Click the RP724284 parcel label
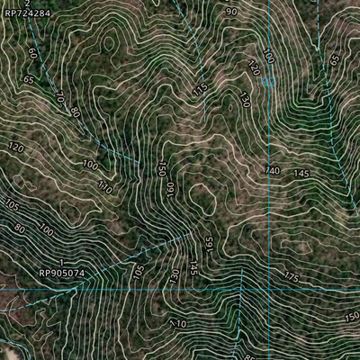pos(28,14)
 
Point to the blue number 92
pos(267,82)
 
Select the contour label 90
pos(231,12)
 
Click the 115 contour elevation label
pos(200,88)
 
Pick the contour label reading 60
pos(33,54)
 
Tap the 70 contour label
pos(60,95)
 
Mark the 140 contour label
pos(273,171)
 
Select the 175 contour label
pos(291,275)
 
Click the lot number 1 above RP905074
pos(61,262)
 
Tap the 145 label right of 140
pos(301,173)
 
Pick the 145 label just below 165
pos(193,266)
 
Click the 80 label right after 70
pos(75,113)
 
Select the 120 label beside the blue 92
pos(253,68)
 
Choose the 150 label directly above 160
pos(162,168)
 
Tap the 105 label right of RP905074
pos(138,270)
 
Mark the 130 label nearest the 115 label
pos(244,101)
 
